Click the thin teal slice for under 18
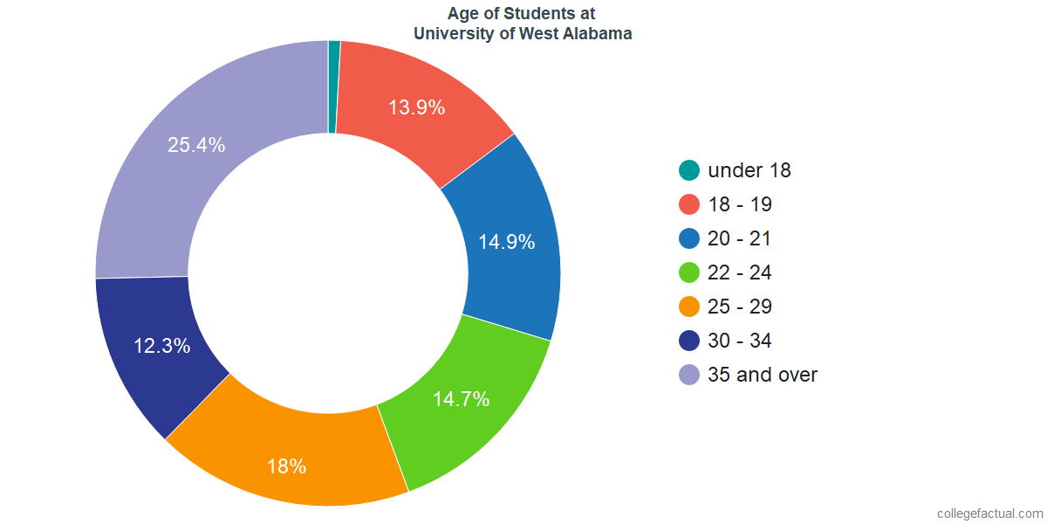(x=333, y=86)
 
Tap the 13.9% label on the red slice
(x=416, y=108)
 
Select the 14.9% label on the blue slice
(x=506, y=243)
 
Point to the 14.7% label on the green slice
(x=461, y=400)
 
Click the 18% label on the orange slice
(x=286, y=466)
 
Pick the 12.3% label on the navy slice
(x=161, y=346)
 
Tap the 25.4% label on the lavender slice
(x=196, y=146)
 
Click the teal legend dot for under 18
(x=689, y=170)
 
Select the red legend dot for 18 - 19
(x=689, y=204)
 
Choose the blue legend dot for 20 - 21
(x=689, y=238)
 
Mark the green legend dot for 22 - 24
(x=689, y=272)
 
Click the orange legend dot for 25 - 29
(x=689, y=307)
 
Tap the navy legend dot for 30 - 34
(x=689, y=341)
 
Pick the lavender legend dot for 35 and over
(x=689, y=375)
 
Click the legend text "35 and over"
(x=763, y=375)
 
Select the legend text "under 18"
(x=749, y=170)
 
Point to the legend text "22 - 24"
(x=740, y=272)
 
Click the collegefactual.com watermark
(x=989, y=514)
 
